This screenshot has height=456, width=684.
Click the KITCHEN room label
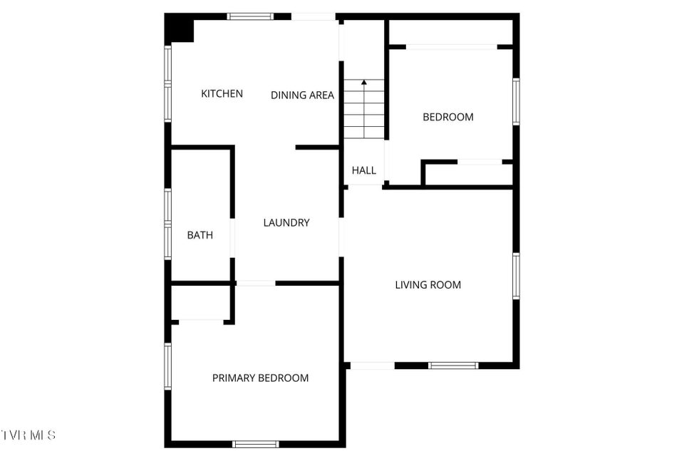222,93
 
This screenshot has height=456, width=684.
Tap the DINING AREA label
302,95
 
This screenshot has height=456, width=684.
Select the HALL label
364,170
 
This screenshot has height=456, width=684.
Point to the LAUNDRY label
286,222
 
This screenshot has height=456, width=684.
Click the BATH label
199,235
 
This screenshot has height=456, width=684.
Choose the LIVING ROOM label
428,285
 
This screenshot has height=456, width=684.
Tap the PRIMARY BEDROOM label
261,378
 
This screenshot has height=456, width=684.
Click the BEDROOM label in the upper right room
448,117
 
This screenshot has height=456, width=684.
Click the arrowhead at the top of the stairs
364,82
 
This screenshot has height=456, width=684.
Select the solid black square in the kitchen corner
179,28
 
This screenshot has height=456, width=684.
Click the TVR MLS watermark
28,435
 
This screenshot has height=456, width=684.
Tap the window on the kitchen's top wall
250,16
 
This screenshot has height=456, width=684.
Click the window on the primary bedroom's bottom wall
256,444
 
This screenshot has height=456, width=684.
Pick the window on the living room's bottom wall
453,366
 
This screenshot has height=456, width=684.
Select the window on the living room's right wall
516,276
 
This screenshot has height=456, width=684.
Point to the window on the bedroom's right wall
516,102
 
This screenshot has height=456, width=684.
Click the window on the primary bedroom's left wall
168,366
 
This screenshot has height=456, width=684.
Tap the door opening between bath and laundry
232,238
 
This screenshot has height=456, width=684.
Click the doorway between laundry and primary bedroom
256,283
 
